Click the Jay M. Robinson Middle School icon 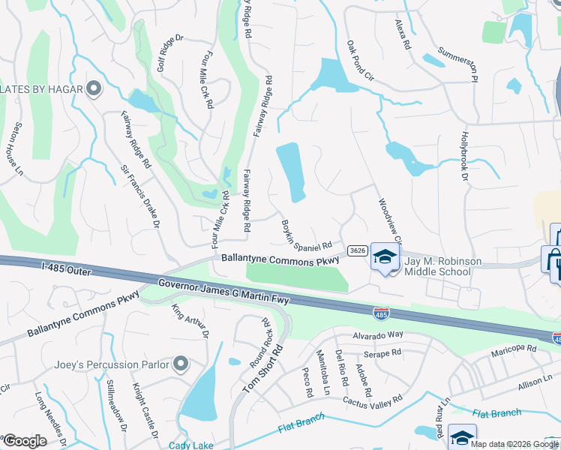(x=385, y=257)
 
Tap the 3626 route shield (x=358, y=250)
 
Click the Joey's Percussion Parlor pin (x=180, y=365)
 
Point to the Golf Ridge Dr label (x=170, y=52)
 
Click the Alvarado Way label (x=379, y=334)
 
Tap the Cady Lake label (x=191, y=445)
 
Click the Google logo (x=25, y=441)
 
